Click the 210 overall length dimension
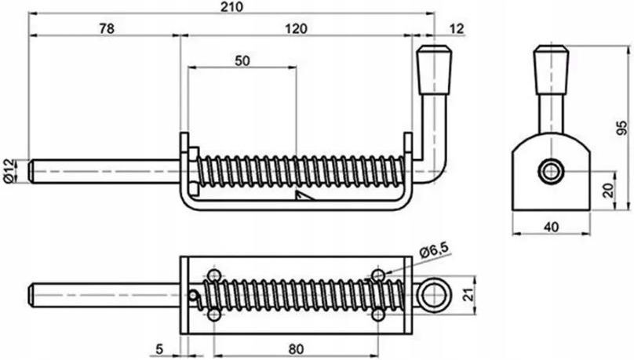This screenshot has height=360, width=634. tap(231, 7)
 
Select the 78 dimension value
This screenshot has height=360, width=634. tap(107, 29)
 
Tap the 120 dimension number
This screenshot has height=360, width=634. tap(296, 29)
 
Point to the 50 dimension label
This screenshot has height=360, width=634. tap(242, 61)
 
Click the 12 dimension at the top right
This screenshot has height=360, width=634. tap(457, 29)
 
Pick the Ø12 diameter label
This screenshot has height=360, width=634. tap(10, 171)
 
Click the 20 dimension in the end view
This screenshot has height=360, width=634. tap(608, 190)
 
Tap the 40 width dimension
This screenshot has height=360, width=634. tap(551, 227)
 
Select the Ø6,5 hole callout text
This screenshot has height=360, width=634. tap(435, 251)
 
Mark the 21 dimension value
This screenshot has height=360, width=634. tap(468, 295)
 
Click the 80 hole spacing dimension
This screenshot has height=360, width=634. tap(296, 349)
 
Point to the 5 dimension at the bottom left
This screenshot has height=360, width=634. tap(160, 349)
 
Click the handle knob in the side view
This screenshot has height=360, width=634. tap(434, 70)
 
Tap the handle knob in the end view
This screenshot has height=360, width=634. tap(551, 70)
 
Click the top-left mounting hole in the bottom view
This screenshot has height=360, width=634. tap(214, 276)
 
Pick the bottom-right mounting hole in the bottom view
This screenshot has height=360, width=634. tap(378, 315)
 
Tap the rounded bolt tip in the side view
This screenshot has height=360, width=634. tap(31, 172)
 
